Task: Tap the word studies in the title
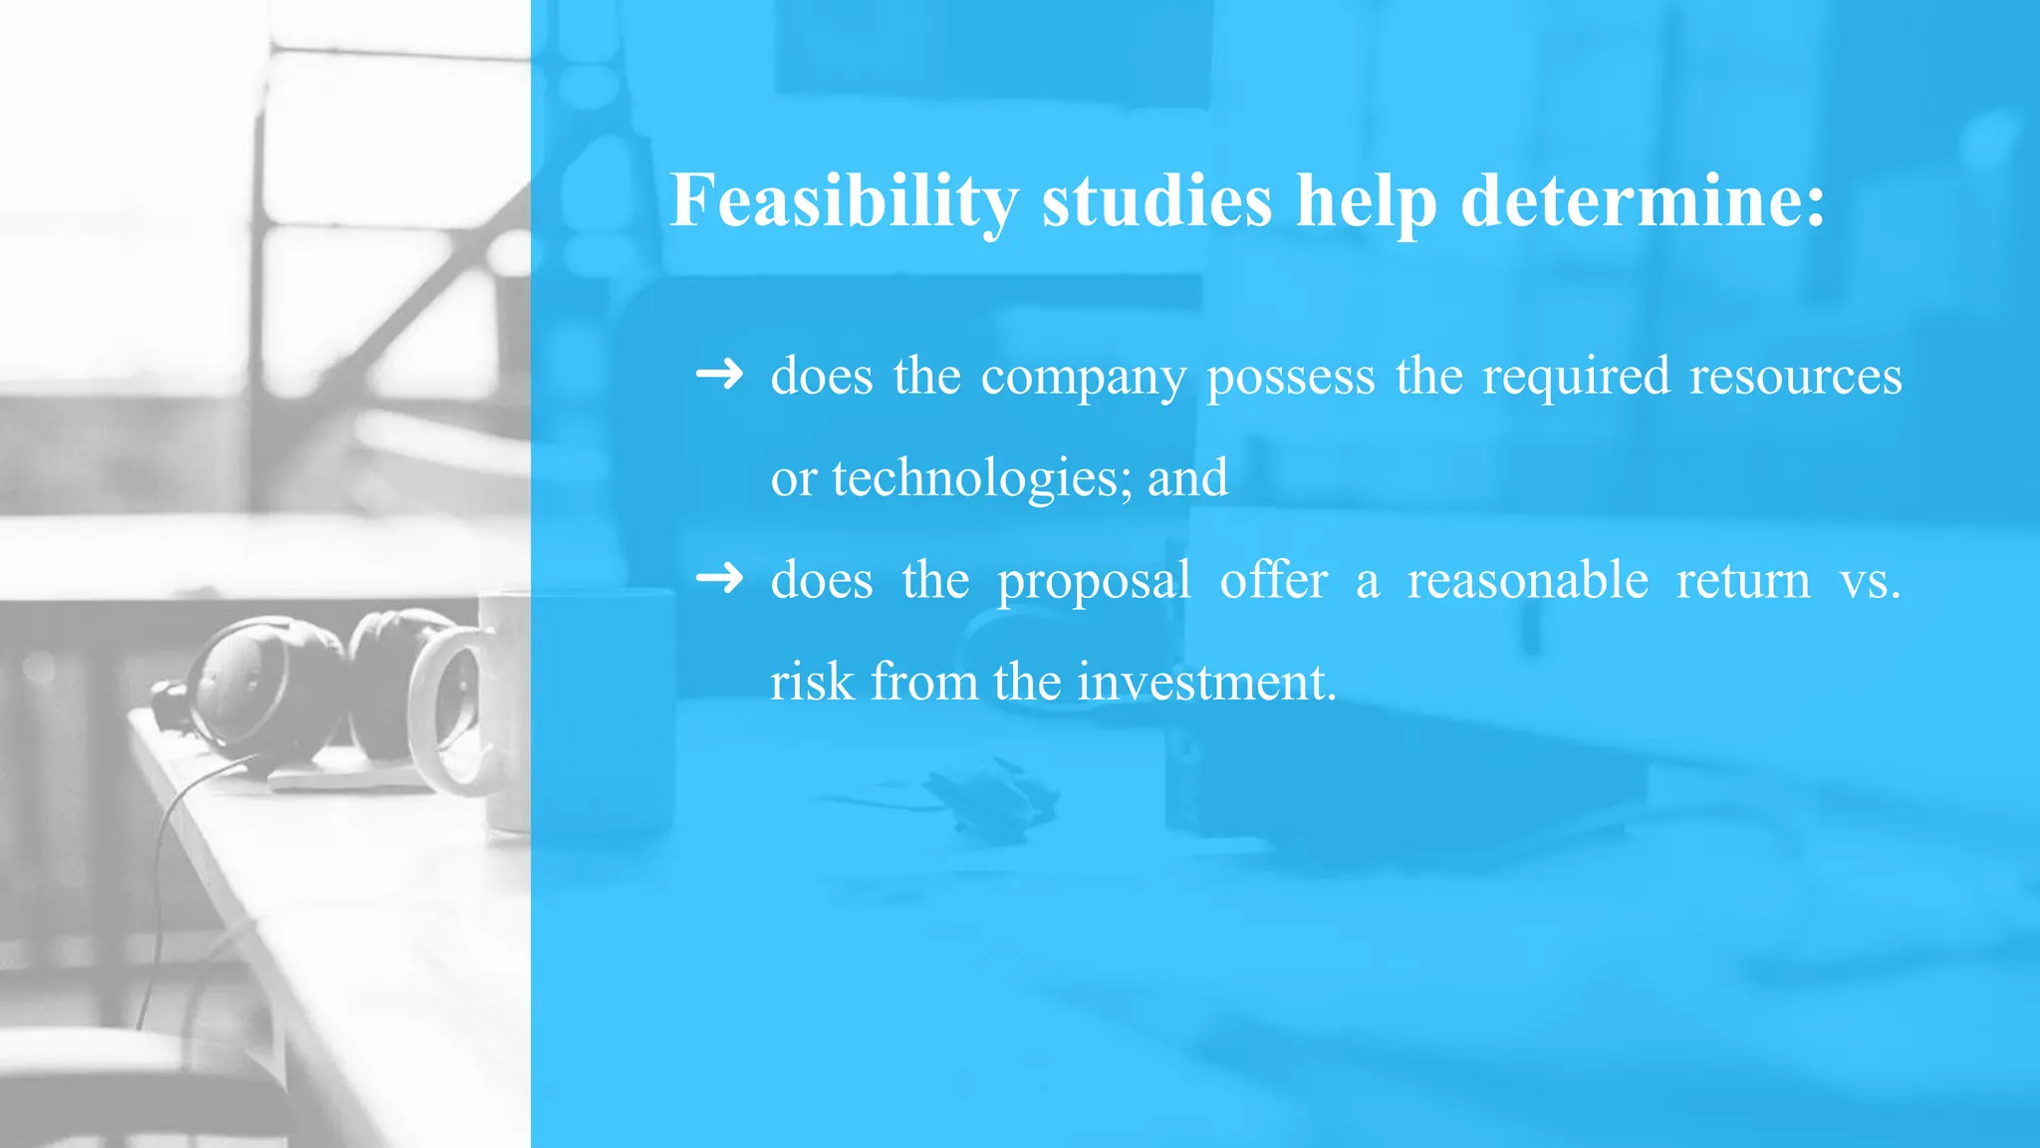1156,201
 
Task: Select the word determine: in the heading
1643,201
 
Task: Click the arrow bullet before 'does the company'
719,375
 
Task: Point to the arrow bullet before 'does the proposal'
719,578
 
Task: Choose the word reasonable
1527,580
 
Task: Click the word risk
812,682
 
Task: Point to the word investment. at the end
1206,682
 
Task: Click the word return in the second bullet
1743,580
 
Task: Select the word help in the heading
1367,201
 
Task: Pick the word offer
1273,580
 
